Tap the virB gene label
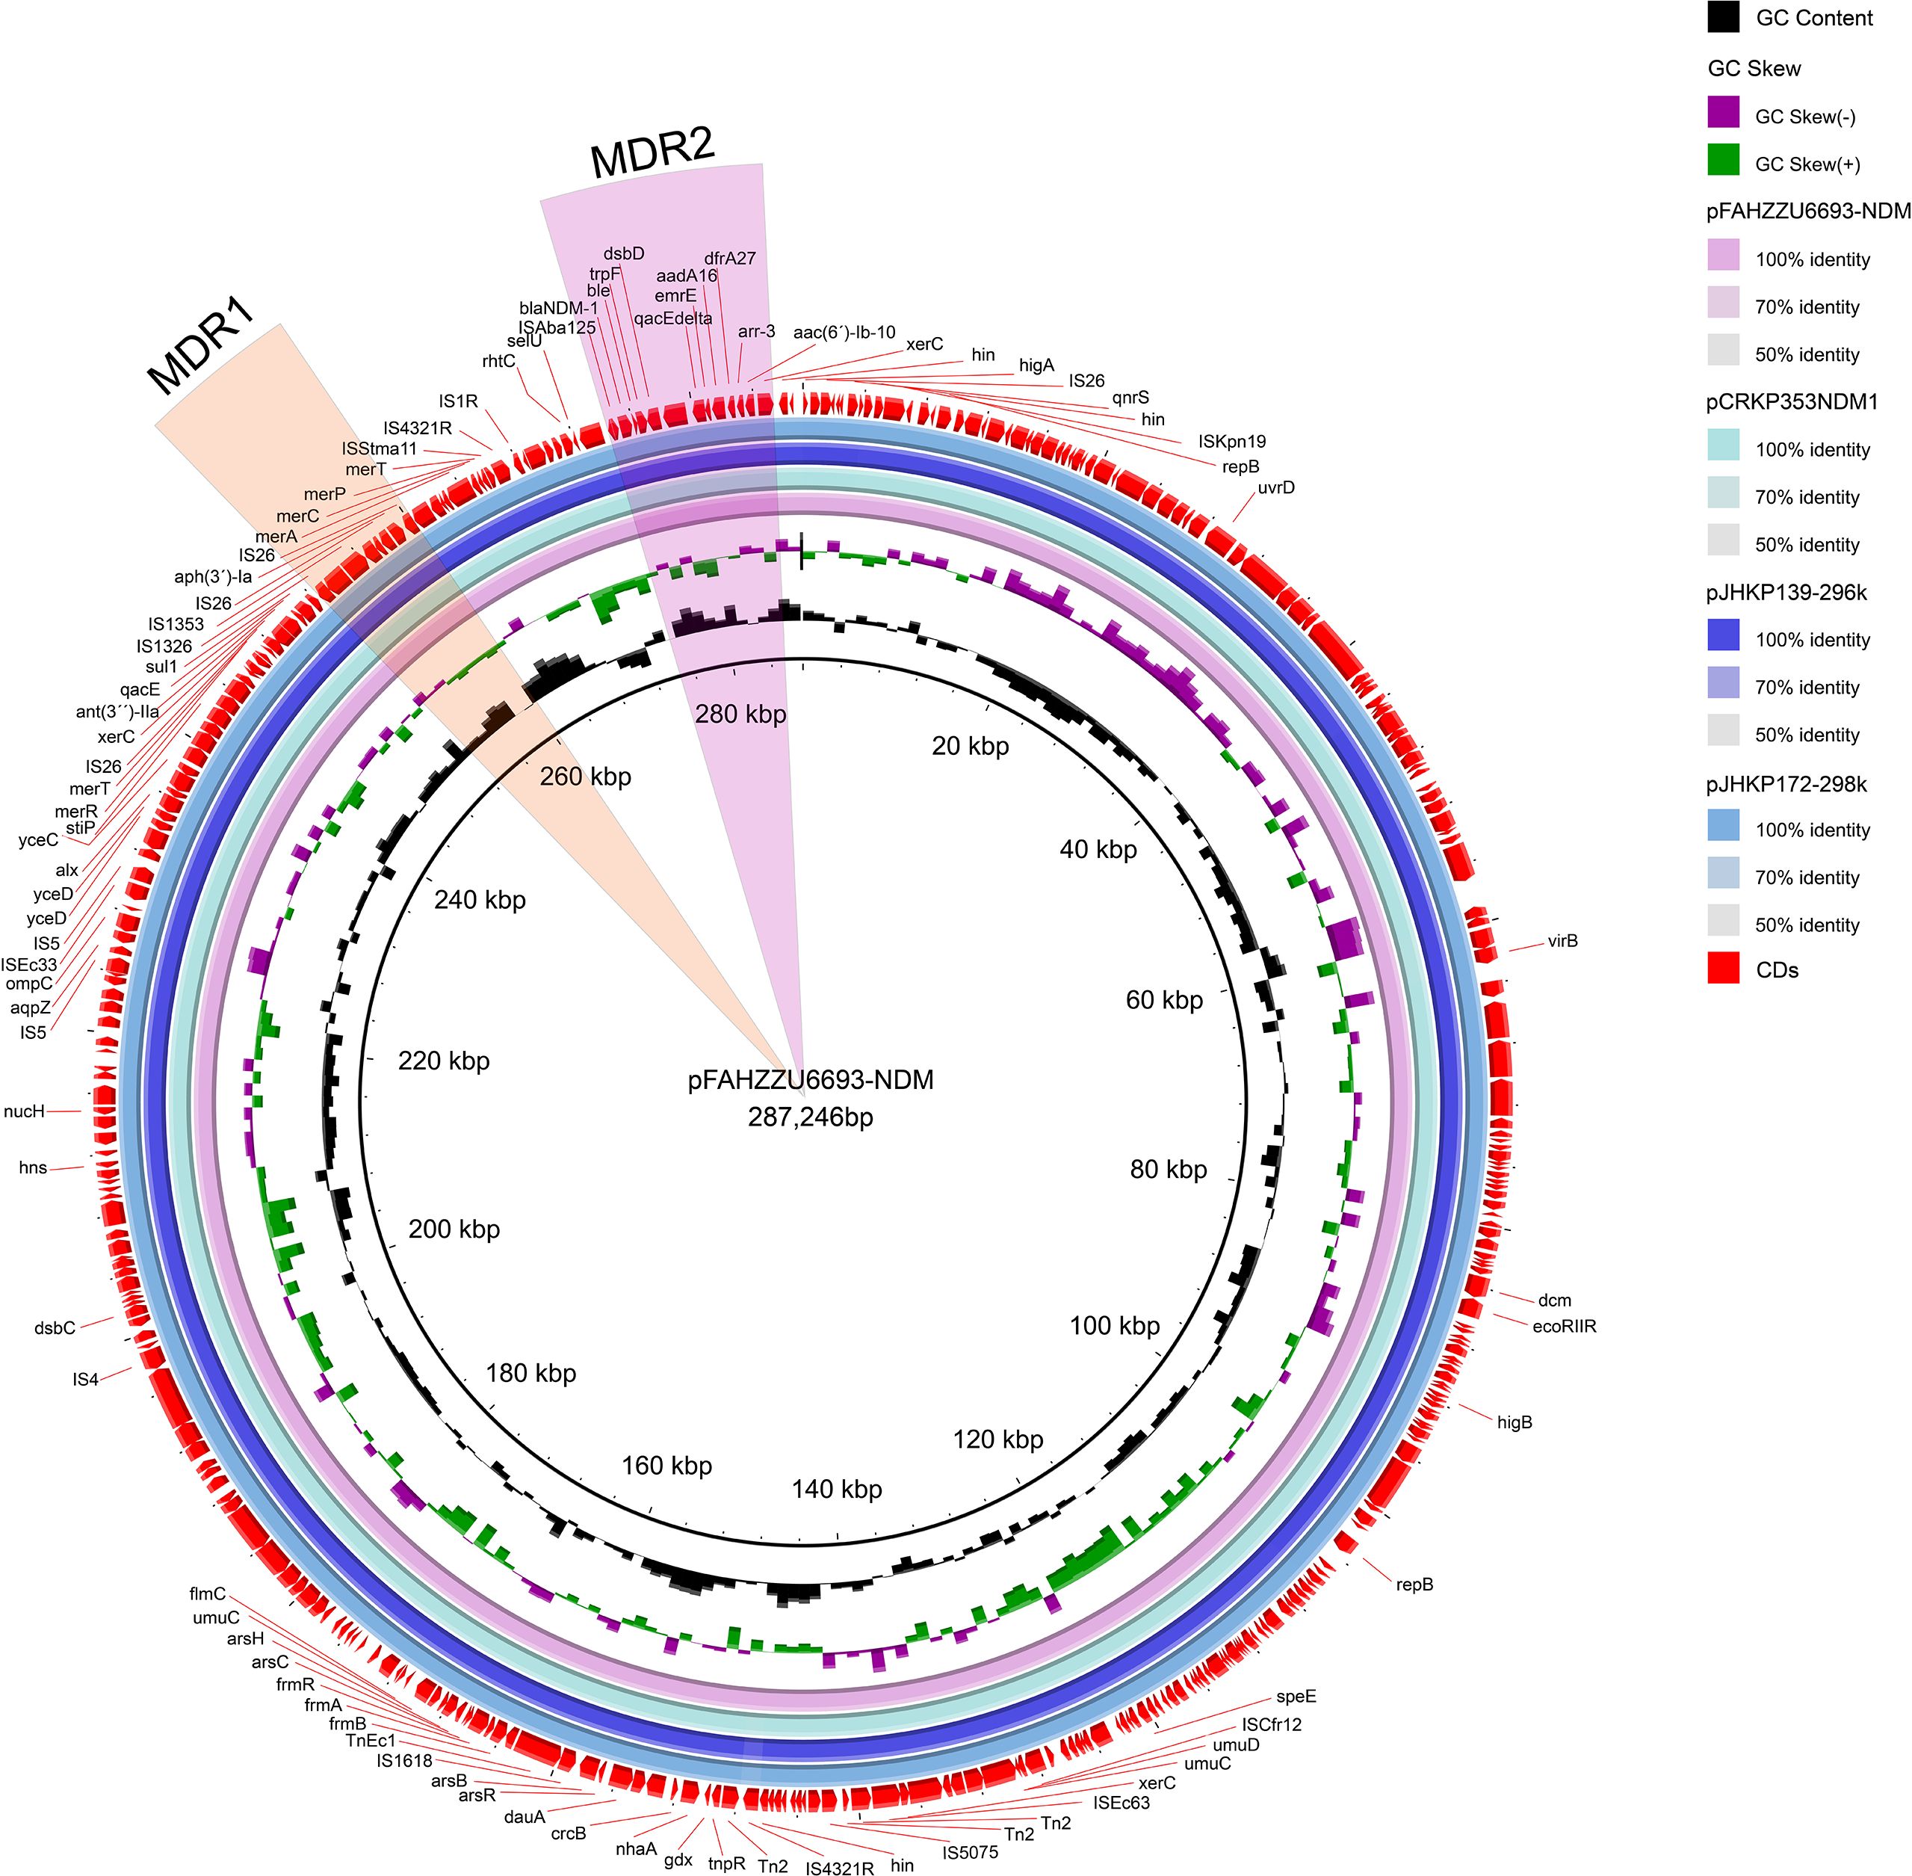1562,941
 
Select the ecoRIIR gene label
1565,1326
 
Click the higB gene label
1514,1423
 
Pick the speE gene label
1296,1697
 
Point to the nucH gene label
25,1111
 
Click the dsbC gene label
55,1328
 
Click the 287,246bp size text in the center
810,1117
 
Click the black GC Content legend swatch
1723,18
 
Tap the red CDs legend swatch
1723,969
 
